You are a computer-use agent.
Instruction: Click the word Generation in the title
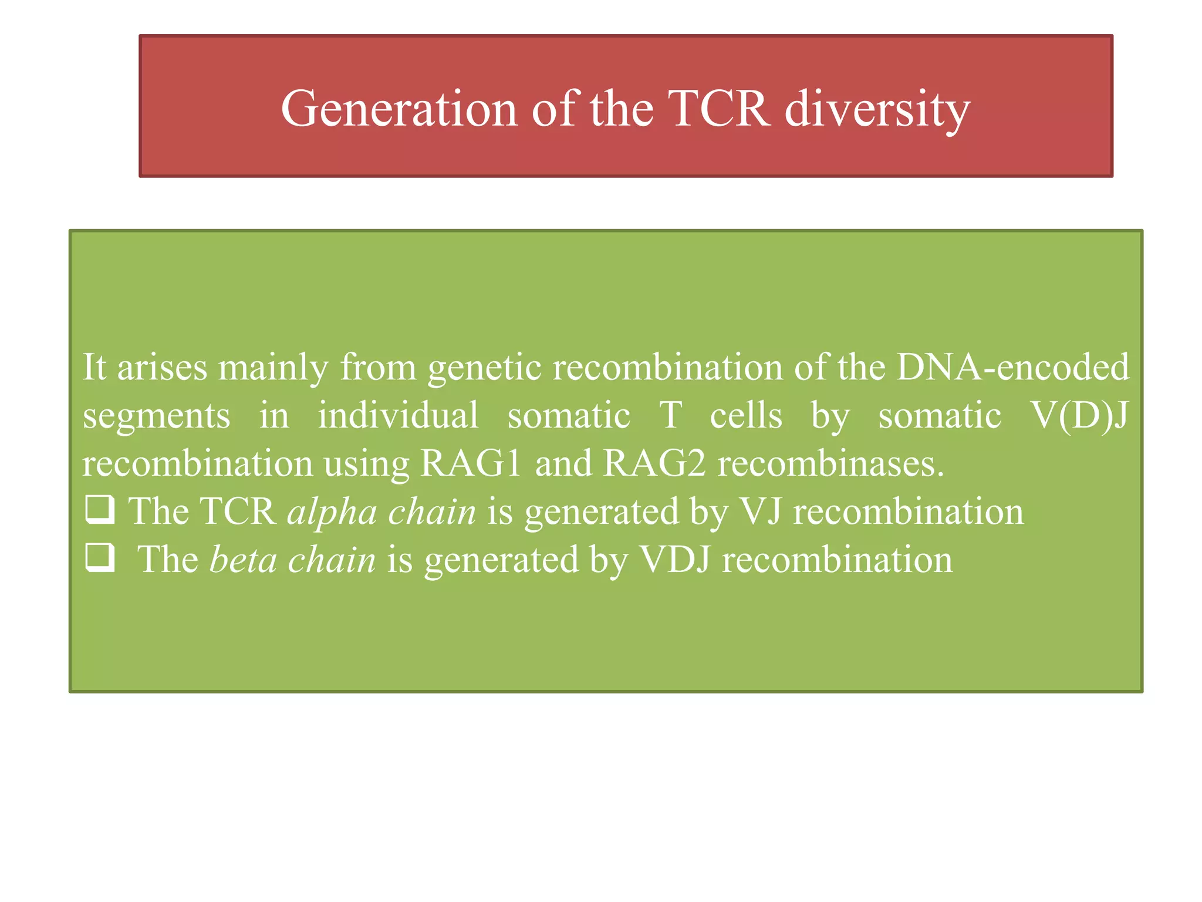point(399,109)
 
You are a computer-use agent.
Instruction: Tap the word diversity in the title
point(877,109)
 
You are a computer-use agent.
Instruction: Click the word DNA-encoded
point(1012,367)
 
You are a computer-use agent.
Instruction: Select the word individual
point(398,415)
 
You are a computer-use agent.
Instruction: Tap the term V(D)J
point(1079,416)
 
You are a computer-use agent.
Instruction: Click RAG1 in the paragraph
point(471,463)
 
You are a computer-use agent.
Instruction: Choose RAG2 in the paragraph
point(654,463)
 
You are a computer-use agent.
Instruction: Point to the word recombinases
point(830,463)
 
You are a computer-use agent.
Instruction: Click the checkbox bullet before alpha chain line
point(100,509)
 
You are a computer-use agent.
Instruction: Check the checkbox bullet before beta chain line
point(100,557)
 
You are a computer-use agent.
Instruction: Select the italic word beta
point(243,559)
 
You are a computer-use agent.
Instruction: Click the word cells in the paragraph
point(745,415)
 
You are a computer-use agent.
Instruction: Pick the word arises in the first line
point(163,367)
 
